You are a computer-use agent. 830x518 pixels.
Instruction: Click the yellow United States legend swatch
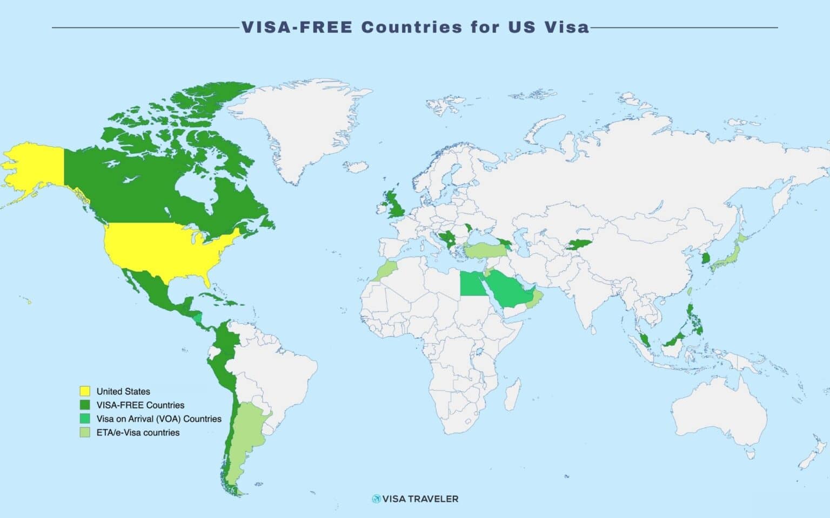[x=85, y=391]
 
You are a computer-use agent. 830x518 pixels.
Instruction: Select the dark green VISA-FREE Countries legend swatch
[x=85, y=405]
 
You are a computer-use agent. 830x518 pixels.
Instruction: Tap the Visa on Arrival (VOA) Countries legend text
[x=159, y=419]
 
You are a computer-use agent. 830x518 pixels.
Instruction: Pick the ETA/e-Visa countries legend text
[x=138, y=432]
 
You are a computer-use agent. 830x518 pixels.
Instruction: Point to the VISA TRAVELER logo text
[x=420, y=499]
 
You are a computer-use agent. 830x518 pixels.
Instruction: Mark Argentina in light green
[x=246, y=432]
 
